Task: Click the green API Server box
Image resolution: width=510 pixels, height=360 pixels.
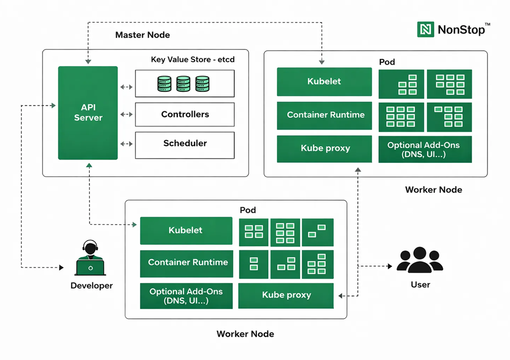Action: tap(88, 113)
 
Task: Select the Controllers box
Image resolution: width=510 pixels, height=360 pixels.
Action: tap(185, 114)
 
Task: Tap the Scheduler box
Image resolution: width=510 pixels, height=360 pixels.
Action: tap(185, 143)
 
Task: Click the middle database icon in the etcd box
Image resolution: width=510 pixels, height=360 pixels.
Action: tap(183, 84)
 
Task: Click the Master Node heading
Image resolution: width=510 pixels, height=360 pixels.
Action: tap(143, 35)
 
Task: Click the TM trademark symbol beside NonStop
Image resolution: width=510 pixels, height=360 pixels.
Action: tap(487, 25)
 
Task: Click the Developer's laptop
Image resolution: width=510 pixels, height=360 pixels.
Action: tap(90, 267)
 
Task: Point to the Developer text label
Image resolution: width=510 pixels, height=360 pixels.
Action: tap(91, 286)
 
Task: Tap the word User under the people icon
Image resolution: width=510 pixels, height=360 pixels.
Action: tap(420, 285)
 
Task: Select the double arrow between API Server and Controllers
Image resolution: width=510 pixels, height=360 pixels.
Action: tap(126, 114)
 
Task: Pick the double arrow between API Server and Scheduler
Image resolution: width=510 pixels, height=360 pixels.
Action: tap(126, 144)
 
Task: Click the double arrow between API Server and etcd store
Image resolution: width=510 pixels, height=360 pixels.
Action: tap(126, 87)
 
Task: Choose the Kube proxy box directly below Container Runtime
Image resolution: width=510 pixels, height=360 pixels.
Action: tap(325, 149)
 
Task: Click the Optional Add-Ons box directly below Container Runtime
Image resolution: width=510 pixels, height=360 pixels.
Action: tap(186, 296)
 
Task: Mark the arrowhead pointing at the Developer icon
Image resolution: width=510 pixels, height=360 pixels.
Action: tap(61, 268)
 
